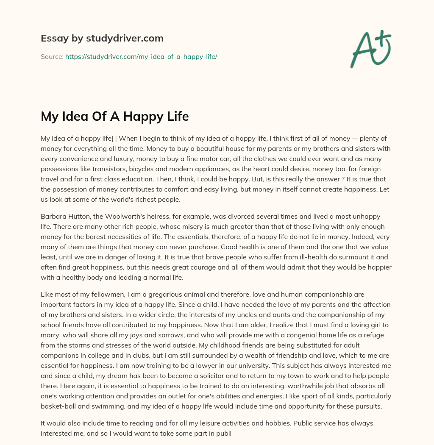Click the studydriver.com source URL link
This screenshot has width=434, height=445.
pyautogui.click(x=141, y=56)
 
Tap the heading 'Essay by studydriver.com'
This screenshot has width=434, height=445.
pyautogui.click(x=102, y=38)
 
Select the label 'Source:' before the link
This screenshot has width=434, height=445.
pyautogui.click(x=52, y=56)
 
